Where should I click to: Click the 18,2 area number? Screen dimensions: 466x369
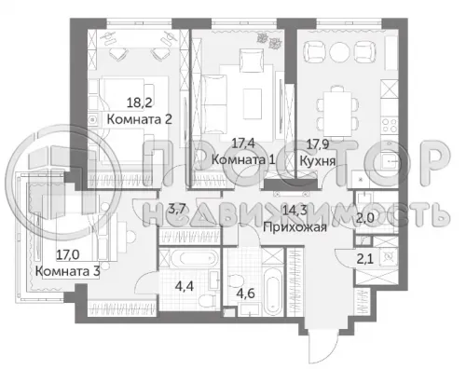[x=140, y=102]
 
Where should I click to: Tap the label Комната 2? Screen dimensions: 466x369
[x=140, y=119]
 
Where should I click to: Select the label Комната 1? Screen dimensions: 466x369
[x=243, y=159]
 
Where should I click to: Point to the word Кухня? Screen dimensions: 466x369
[x=318, y=161]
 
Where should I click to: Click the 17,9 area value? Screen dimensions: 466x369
[x=318, y=143]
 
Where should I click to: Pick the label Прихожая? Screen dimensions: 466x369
[x=295, y=227]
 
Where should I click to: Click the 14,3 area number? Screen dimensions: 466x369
[x=295, y=211]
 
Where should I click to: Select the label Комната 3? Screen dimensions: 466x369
[x=67, y=271]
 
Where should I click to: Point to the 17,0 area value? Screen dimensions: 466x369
[x=68, y=254]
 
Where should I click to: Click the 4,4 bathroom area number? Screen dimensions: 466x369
[x=185, y=286]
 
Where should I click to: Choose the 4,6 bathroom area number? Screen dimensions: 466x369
[x=245, y=293]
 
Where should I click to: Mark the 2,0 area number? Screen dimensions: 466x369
[x=365, y=219]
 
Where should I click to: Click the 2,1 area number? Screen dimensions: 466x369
[x=365, y=258]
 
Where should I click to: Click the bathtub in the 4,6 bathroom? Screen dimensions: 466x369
[x=273, y=292]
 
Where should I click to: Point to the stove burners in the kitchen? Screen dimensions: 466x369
[x=390, y=125]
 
